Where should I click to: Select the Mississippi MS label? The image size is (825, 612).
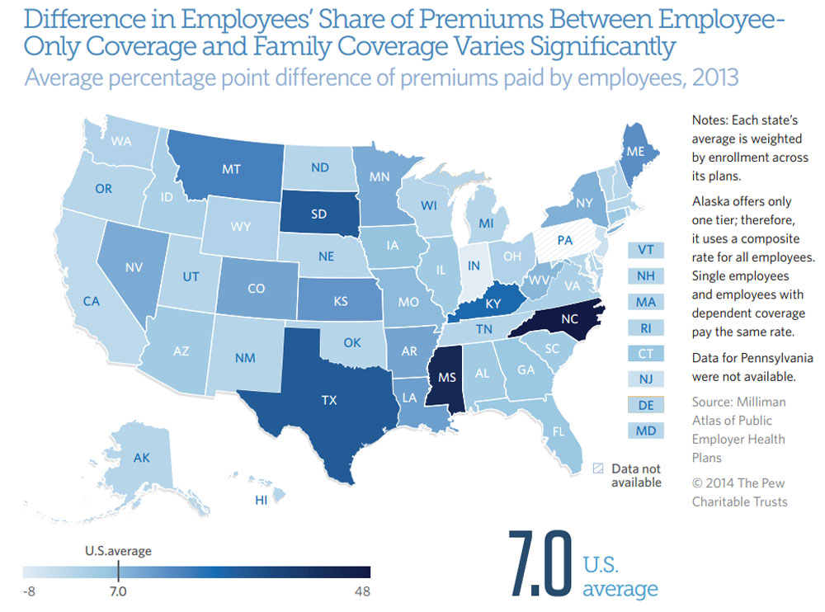(446, 379)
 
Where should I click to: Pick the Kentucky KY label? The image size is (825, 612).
(493, 304)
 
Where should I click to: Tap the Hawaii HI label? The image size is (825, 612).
(262, 500)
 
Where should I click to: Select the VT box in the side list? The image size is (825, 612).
(646, 250)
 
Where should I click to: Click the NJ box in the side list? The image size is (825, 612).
(646, 379)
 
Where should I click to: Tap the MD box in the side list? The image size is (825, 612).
(646, 430)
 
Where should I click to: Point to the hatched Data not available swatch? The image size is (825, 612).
(598, 468)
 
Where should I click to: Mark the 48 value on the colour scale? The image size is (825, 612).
(361, 591)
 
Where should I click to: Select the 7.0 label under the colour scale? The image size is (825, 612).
(117, 591)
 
